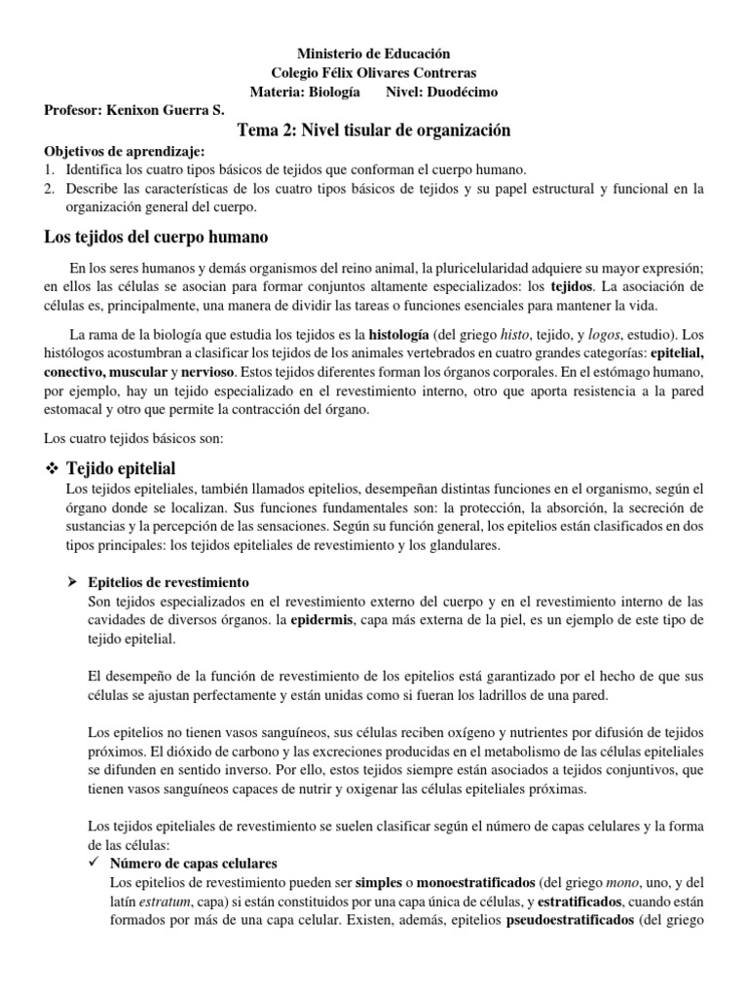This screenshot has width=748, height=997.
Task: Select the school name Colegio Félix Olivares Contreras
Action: click(x=374, y=73)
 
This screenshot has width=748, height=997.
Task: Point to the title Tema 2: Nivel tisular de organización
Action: click(x=374, y=130)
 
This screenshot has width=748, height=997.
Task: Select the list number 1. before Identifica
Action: click(x=51, y=169)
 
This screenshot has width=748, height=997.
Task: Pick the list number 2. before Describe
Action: click(x=51, y=188)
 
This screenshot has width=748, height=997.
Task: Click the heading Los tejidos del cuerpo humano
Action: click(x=157, y=237)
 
